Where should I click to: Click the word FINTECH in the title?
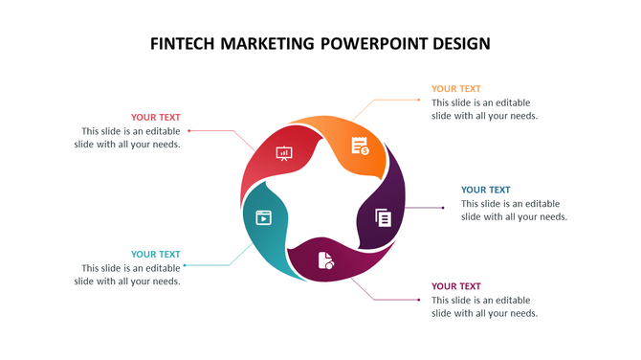click(183, 44)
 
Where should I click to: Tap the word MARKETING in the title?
click(268, 44)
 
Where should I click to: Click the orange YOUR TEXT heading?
click(456, 89)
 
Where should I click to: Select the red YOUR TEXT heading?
click(156, 118)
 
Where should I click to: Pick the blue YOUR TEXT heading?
click(486, 190)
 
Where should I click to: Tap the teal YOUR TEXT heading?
click(156, 255)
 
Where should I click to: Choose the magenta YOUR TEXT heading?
click(456, 286)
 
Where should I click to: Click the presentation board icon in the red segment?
click(284, 152)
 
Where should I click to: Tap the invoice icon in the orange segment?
click(360, 146)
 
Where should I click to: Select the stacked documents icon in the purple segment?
click(384, 217)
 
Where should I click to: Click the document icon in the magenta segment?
click(326, 259)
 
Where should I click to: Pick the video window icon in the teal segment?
click(262, 217)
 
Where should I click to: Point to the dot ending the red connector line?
click(189, 130)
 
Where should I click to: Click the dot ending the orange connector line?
click(420, 99)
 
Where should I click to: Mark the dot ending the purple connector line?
click(443, 207)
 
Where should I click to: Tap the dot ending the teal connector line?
click(185, 265)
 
